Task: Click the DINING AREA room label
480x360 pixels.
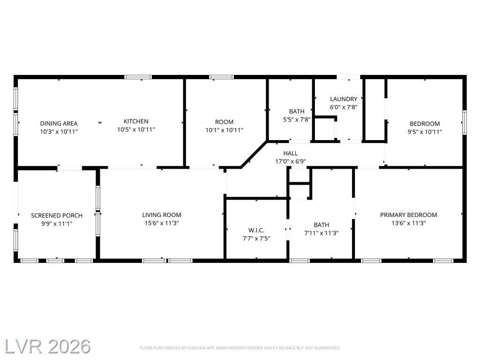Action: pos(59,124)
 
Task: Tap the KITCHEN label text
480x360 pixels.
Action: pos(136,121)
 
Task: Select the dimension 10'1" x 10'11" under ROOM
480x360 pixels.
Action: pos(225,130)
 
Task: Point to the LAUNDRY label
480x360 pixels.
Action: pos(344,99)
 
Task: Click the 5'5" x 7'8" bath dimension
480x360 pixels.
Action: pos(297,120)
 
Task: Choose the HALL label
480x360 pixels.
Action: pos(291,153)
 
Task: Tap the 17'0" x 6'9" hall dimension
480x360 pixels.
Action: pos(291,162)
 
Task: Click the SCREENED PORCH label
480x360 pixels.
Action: pos(57,216)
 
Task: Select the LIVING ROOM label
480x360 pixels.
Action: pos(162,215)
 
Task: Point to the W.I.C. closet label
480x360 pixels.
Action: pos(256,230)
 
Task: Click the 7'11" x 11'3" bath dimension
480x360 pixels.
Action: pos(322,233)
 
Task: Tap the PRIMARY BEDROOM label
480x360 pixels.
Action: pos(409,215)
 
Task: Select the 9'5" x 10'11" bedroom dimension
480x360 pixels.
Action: pos(425,132)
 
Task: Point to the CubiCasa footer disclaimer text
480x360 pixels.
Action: pos(240,348)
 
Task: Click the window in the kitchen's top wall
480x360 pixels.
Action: pos(138,77)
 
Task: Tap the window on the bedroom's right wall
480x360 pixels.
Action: pos(465,122)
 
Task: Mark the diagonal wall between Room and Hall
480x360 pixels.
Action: pos(254,155)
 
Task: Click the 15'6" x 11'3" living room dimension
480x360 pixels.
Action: pos(162,223)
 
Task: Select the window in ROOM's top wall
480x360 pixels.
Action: pos(222,77)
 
